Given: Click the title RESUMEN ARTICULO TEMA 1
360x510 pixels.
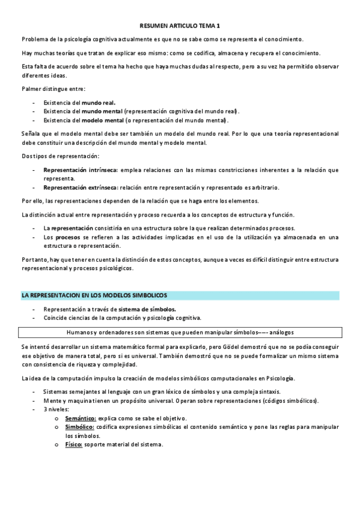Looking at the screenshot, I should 180,26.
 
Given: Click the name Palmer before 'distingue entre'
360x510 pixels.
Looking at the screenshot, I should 31,89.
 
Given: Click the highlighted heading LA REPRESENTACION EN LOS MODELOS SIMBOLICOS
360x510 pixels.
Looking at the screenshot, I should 94,295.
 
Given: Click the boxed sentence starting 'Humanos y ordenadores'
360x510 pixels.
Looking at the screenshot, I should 179,332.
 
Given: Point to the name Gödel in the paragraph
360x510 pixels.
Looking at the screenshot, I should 237,348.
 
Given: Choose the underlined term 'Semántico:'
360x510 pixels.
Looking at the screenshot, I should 80,418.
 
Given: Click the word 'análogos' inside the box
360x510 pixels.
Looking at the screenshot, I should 281,332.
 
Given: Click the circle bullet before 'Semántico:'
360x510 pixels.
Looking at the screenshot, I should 55,419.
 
